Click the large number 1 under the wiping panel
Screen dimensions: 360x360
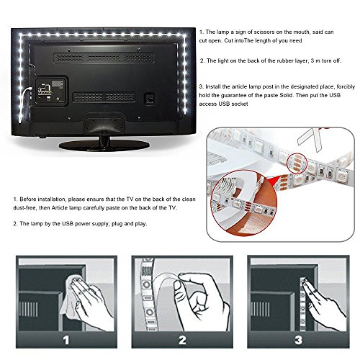tap(66, 340)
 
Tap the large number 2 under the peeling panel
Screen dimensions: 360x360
tap(182, 340)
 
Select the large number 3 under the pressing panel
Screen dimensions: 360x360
tap(298, 340)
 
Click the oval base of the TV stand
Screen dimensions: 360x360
tap(104, 145)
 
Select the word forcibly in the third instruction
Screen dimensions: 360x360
tap(346, 86)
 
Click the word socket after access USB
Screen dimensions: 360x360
tap(240, 104)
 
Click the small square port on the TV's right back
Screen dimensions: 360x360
tap(150, 98)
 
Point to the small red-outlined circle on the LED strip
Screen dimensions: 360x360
tap(297, 163)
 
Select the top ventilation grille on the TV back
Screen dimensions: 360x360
tap(104, 58)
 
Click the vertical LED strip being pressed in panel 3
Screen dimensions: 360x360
tap(303, 305)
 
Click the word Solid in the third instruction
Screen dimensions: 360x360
tap(287, 95)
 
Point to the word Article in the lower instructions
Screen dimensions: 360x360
tap(60, 208)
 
